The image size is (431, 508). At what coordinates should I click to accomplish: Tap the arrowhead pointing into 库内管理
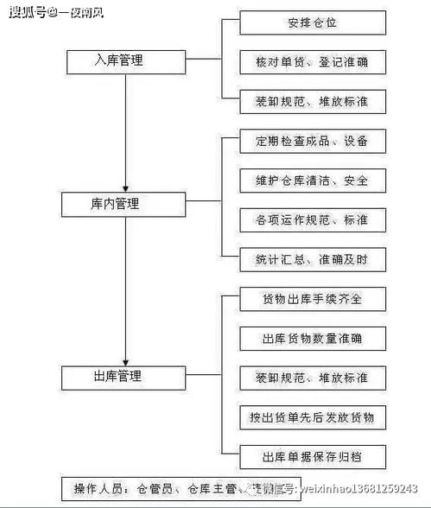coord(127,187)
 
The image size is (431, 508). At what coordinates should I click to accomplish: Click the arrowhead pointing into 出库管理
coord(127,359)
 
